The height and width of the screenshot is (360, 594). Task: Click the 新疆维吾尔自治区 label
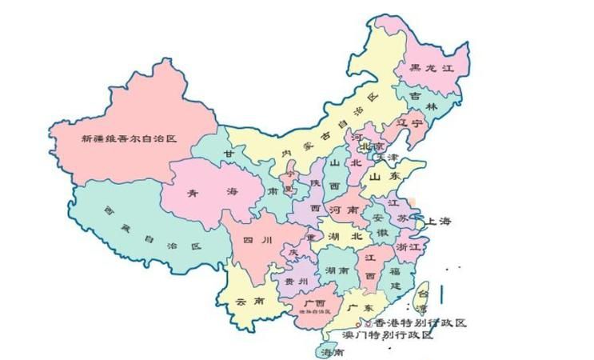(x=128, y=138)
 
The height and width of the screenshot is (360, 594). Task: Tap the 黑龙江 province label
(x=433, y=69)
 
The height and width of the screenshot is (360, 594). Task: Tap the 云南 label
(x=248, y=302)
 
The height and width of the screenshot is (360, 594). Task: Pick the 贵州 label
(x=296, y=282)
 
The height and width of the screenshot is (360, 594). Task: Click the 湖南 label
(x=336, y=271)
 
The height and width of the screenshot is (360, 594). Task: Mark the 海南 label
(x=333, y=352)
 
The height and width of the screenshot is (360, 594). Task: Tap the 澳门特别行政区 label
(x=387, y=336)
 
